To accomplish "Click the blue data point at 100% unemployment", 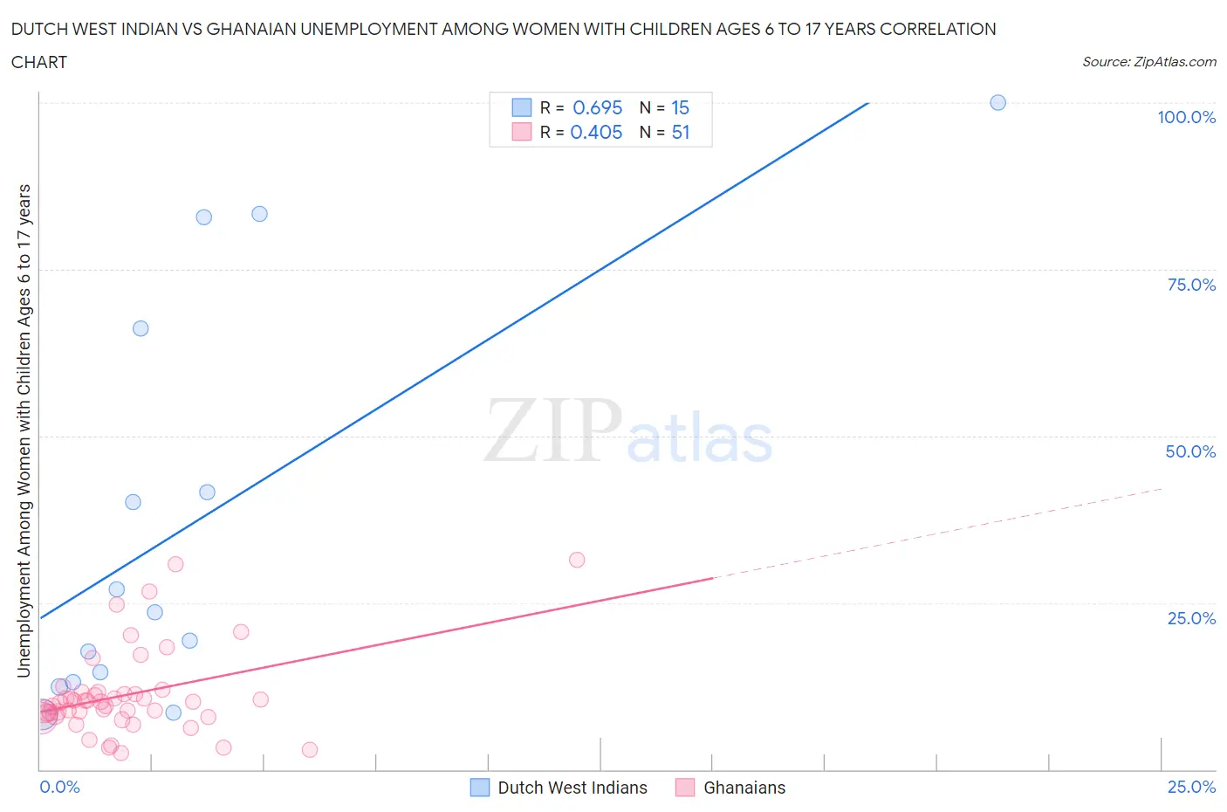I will click(x=997, y=103).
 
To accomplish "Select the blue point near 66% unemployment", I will click(x=141, y=328).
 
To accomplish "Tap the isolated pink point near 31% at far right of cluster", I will click(x=577, y=560).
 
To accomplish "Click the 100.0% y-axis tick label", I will click(x=1186, y=117).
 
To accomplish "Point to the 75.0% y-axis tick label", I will click(x=1191, y=285).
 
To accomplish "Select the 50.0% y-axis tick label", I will click(x=1190, y=451).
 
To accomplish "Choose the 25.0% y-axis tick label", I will click(x=1191, y=618).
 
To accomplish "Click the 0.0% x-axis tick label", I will click(x=59, y=787).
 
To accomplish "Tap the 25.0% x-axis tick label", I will click(x=1191, y=787).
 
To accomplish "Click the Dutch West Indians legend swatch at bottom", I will click(x=480, y=788).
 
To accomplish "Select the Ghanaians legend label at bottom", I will click(x=744, y=788).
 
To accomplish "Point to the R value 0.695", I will click(x=597, y=107).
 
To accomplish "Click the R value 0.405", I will click(x=596, y=132).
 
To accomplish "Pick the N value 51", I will click(x=681, y=132).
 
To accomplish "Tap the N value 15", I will click(x=681, y=107).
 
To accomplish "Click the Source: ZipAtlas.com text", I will click(x=1148, y=61).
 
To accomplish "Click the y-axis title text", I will click(x=24, y=430).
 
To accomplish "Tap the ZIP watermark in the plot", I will click(x=553, y=430).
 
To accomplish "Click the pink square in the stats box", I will click(x=521, y=132).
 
